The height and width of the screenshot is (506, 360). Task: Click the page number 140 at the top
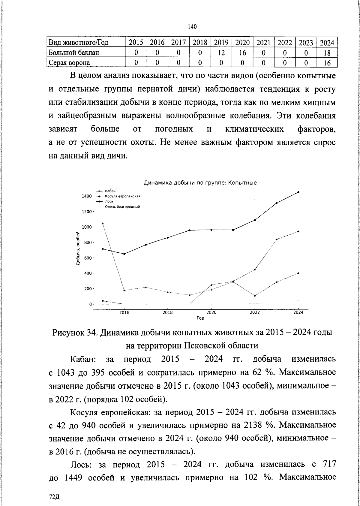point(192,27)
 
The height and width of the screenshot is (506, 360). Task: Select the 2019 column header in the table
point(221,42)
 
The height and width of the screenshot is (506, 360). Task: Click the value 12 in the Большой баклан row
point(221,53)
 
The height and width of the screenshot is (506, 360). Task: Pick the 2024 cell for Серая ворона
point(327,63)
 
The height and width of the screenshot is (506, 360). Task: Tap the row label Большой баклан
point(74,53)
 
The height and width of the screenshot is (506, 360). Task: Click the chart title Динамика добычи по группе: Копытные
point(200,182)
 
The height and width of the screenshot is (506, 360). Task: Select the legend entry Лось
point(108,201)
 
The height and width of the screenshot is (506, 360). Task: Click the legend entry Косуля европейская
point(123,196)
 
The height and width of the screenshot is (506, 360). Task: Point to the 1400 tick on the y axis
point(86,196)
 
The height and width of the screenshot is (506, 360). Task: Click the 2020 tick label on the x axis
point(211,312)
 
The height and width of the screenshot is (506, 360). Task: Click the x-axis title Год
point(200,318)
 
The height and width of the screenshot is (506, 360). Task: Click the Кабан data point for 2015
point(103,223)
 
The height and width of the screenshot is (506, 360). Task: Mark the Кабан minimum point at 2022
point(255,296)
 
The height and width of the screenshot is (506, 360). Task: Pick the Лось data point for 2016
point(124,254)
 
